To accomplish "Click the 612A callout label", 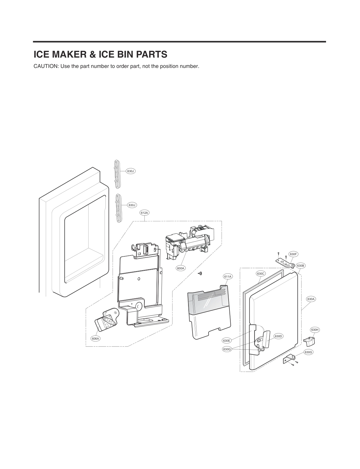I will point(144,213).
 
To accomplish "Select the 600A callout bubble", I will point(180,268).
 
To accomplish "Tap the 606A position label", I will point(95,338).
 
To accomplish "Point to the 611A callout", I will point(228,276).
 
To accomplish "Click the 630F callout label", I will point(293,254).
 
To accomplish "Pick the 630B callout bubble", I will point(301,266).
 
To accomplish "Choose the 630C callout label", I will point(261,273).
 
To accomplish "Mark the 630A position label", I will point(311,299).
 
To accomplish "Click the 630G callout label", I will point(308,352).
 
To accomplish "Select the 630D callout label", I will point(278,336).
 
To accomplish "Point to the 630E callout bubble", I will point(227,341).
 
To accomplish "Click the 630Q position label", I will point(227,349).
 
